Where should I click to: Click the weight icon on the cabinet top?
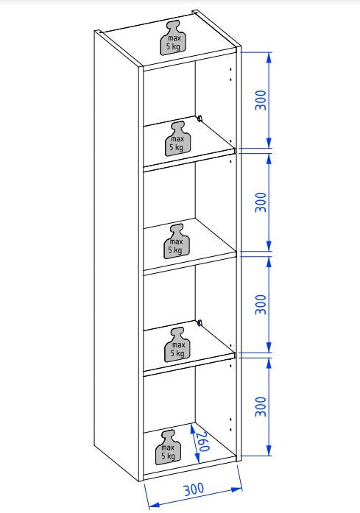point(173,38)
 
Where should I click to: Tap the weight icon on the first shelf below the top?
point(177,138)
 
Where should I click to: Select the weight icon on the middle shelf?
point(177,241)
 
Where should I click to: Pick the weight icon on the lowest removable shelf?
point(177,344)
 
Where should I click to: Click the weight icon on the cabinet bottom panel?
point(168,447)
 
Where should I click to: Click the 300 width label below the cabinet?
point(194,489)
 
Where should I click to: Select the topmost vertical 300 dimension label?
point(261,100)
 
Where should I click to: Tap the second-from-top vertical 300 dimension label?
point(261,202)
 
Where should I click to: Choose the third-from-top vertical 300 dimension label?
point(261,304)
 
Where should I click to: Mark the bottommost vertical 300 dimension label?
point(261,406)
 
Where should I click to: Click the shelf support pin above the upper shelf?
point(200,118)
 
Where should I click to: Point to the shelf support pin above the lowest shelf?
point(200,323)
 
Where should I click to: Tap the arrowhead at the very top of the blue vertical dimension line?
point(269,57)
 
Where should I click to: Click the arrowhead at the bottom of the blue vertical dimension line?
point(269,450)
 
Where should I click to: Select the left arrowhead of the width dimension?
point(154,505)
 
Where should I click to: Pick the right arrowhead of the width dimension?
point(236,489)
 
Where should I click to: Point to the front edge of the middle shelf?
point(190,263)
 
